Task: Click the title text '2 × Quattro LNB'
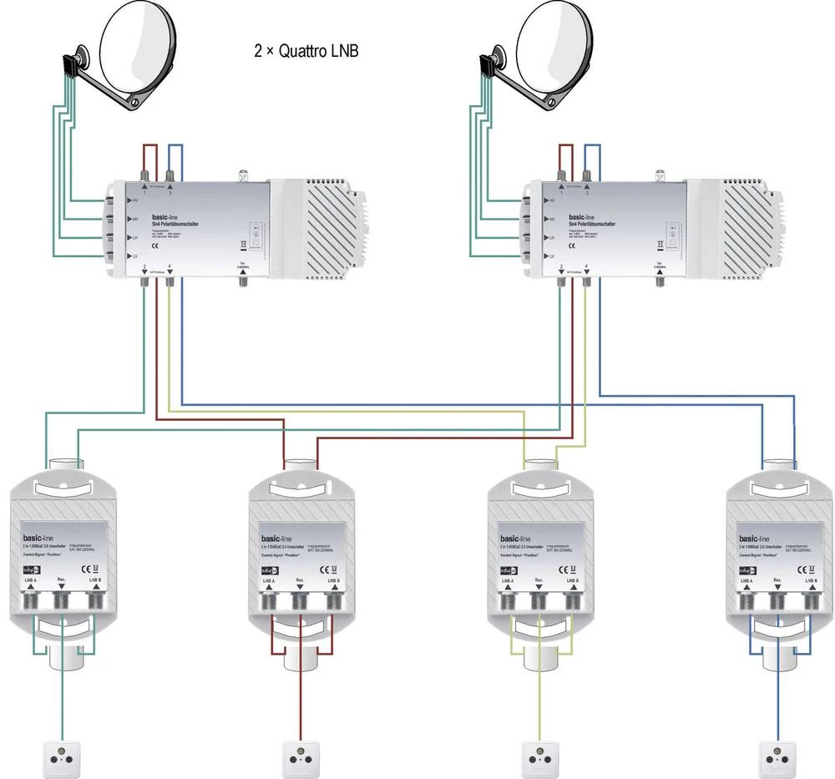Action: click(x=306, y=50)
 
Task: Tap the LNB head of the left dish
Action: click(x=72, y=63)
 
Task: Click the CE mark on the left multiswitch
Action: click(x=155, y=247)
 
